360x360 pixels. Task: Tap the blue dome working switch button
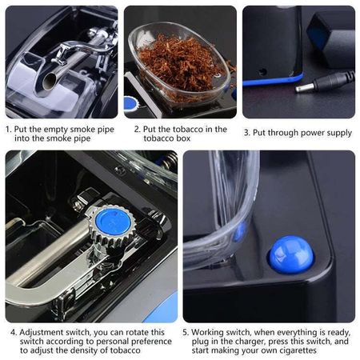[291, 254]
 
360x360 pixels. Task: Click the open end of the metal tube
[50, 82]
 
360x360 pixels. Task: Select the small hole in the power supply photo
[262, 71]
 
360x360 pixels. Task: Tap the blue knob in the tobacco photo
[130, 104]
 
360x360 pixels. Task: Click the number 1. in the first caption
[9, 130]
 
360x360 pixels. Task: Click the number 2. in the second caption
[137, 130]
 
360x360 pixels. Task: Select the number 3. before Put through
[246, 133]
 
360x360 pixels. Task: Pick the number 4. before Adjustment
[14, 333]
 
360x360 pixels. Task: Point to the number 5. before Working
[186, 333]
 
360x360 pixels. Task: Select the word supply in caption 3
[339, 134]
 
